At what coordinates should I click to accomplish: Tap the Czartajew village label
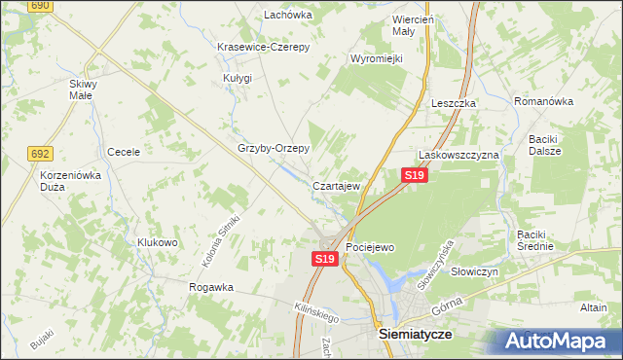[x=338, y=185]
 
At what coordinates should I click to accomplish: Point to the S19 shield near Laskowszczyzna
[x=414, y=174]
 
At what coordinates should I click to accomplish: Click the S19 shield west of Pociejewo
[x=324, y=259]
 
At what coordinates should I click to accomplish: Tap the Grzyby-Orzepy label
[x=274, y=149]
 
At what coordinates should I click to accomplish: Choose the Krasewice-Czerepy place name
[x=263, y=47]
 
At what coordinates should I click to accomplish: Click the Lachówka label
[x=287, y=15]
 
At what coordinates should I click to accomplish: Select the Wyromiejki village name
[x=376, y=58]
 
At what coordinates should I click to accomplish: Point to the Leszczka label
[x=453, y=103]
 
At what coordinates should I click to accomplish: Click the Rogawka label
[x=211, y=287]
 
